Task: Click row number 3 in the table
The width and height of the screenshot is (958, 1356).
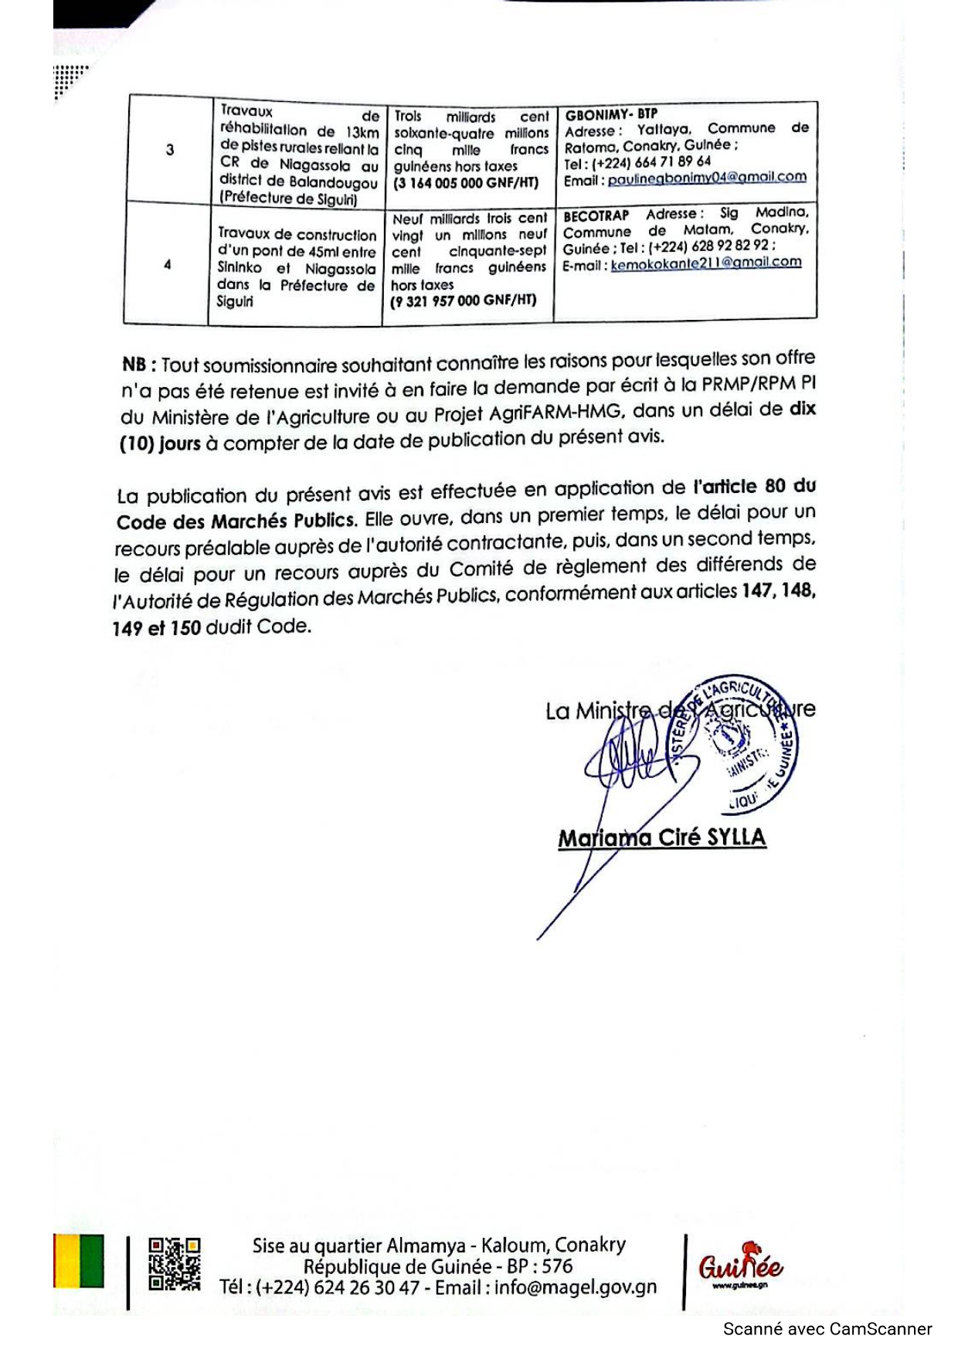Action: pos(170,150)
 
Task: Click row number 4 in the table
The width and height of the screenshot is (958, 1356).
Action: pos(167,265)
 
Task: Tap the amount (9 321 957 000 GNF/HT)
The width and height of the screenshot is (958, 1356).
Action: pos(464,301)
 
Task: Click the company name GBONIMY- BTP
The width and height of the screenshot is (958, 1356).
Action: pos(610,114)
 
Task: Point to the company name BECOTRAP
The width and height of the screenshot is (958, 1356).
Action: pos(596,216)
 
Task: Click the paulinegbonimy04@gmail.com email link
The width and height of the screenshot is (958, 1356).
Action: pos(707,178)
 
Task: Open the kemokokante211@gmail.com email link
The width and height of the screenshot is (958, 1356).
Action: pos(706,263)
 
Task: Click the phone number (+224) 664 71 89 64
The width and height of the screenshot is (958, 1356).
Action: pos(650,162)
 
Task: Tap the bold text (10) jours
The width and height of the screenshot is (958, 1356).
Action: pos(160,444)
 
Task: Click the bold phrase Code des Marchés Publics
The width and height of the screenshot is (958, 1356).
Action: pos(236,521)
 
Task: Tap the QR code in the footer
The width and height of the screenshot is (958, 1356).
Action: pos(175,1265)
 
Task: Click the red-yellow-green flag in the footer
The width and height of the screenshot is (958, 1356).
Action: pos(78,1261)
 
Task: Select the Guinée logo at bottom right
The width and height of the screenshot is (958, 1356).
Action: pos(740,1265)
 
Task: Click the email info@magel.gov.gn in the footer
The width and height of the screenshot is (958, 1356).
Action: pos(576,1287)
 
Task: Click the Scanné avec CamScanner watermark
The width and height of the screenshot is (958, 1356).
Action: pos(827,1330)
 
